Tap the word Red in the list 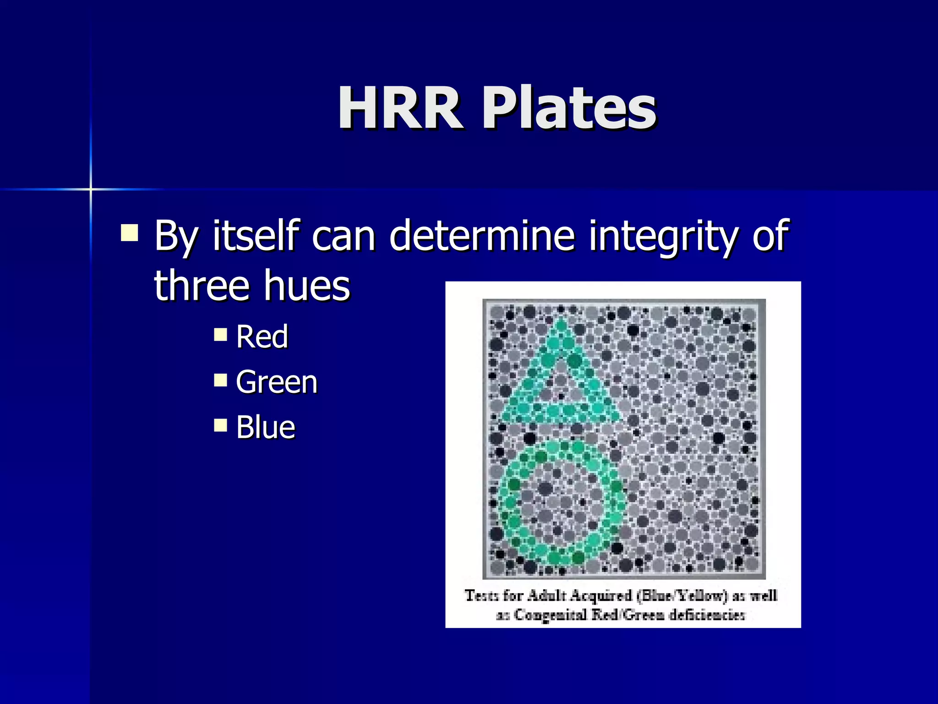(x=262, y=337)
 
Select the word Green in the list (x=277, y=382)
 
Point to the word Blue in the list (x=266, y=427)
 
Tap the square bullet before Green (x=220, y=379)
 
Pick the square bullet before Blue (x=220, y=425)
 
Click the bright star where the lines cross (x=91, y=189)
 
